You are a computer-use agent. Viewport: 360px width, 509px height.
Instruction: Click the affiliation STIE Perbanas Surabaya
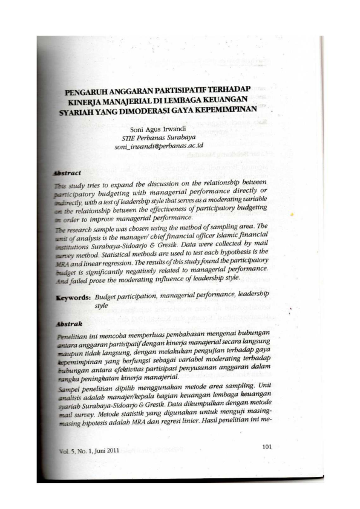pyautogui.click(x=157, y=137)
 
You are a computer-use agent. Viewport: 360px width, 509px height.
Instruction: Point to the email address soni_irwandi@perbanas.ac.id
pyautogui.click(x=159, y=147)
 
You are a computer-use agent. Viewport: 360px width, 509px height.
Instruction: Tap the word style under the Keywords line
pyautogui.click(x=103, y=306)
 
